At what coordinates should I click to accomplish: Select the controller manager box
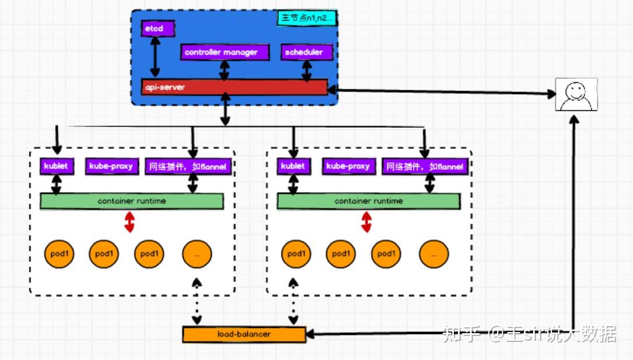pos(225,53)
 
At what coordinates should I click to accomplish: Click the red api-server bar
pos(234,87)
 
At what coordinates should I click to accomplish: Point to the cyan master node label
pos(306,18)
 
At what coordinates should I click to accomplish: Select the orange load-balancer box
pos(244,334)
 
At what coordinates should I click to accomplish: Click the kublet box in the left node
pos(57,166)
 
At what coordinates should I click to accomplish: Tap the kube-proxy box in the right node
pos(348,166)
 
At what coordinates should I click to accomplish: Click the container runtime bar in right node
pos(368,201)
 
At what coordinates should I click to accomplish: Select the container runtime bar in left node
pos(131,201)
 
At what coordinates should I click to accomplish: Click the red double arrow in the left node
pos(130,222)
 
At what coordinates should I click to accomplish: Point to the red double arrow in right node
pos(366,222)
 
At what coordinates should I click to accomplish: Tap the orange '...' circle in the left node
pos(197,254)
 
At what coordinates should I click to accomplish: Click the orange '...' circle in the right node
pos(433,254)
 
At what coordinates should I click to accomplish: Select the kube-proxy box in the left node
pos(111,166)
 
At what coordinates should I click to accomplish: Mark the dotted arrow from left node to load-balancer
pos(197,301)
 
